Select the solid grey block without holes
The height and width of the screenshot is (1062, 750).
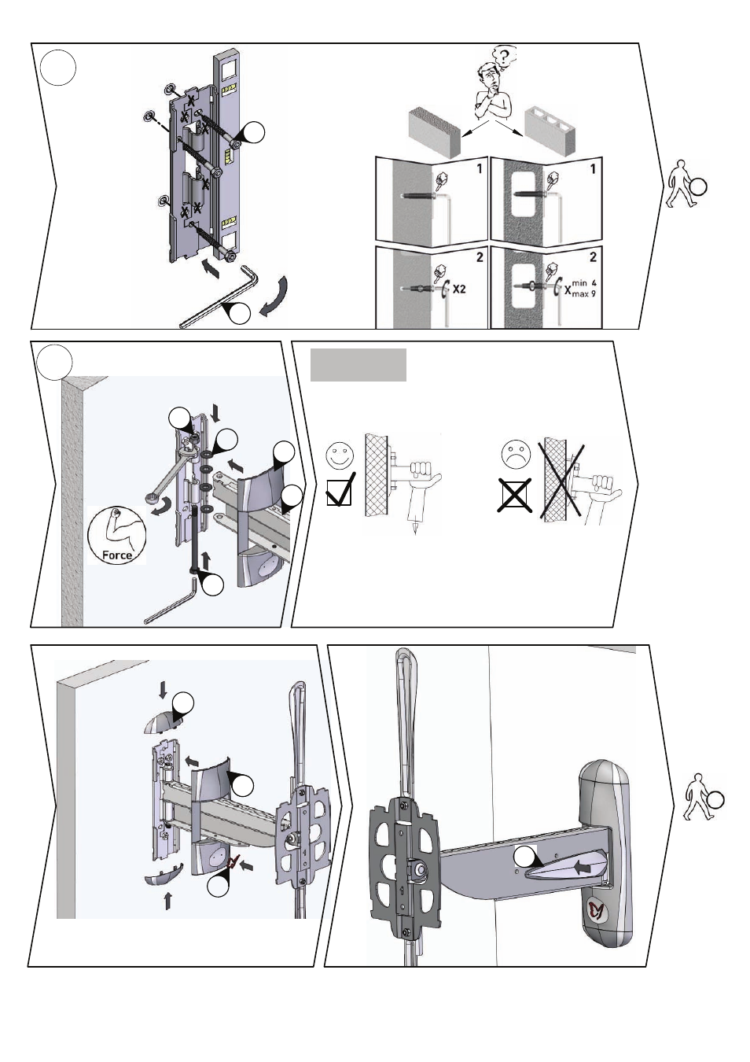tap(432, 129)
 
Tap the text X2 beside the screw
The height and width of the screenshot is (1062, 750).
tap(458, 289)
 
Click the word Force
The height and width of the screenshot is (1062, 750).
tap(117, 555)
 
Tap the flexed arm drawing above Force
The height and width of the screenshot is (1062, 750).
tap(116, 526)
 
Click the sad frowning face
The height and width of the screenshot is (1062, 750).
tap(515, 454)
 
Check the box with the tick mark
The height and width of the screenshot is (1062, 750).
tap(339, 490)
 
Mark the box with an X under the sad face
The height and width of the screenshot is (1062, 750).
tap(513, 496)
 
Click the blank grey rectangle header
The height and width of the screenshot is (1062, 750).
tap(358, 365)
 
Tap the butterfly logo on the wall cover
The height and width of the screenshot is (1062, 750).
tap(599, 911)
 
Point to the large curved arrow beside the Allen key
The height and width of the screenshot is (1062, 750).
tap(274, 297)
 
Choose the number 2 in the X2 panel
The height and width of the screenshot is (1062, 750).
tap(480, 256)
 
